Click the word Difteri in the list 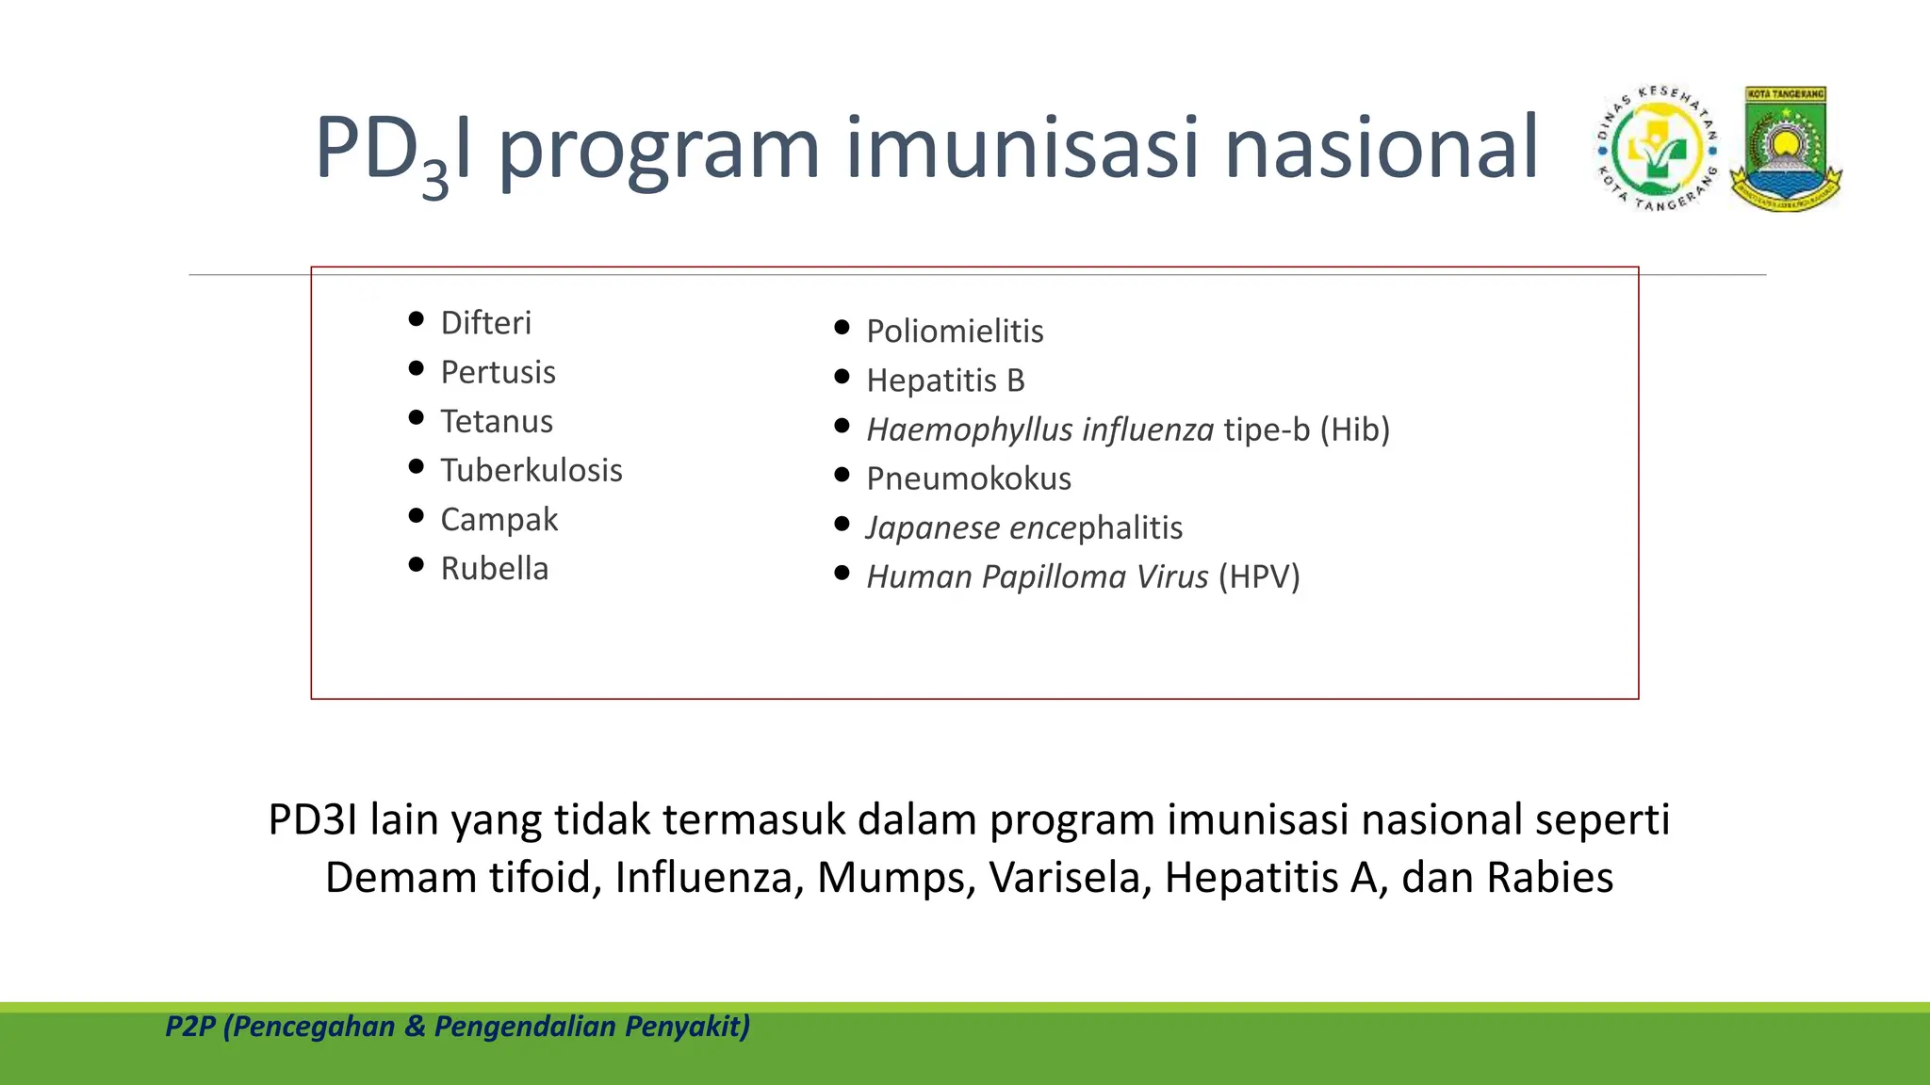[x=485, y=323]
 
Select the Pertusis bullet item [x=498, y=372]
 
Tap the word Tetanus [x=497, y=421]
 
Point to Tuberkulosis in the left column [x=532, y=470]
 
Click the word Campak [x=499, y=520]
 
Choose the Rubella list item [x=494, y=569]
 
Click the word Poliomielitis [x=955, y=332]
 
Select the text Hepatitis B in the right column [x=945, y=381]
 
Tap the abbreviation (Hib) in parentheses [x=1354, y=429]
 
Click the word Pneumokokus [x=969, y=478]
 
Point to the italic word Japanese [x=933, y=528]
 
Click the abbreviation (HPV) [x=1258, y=576]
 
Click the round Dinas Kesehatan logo [x=1657, y=149]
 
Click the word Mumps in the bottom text [x=895, y=878]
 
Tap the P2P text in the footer [x=189, y=1027]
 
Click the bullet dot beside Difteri [x=417, y=319]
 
